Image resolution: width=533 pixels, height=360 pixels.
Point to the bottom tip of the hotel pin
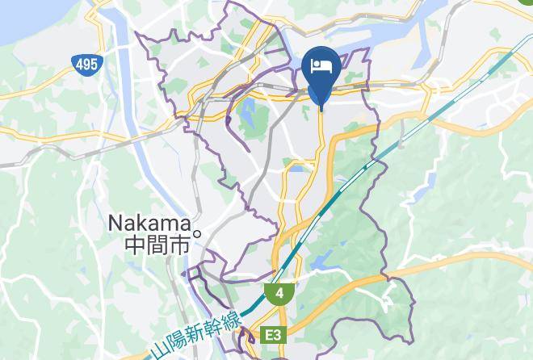[x=321, y=108]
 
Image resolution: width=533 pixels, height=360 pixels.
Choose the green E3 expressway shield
[x=275, y=335]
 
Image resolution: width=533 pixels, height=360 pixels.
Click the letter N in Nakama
[x=115, y=222]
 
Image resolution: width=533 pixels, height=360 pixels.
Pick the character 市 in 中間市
[x=181, y=245]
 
